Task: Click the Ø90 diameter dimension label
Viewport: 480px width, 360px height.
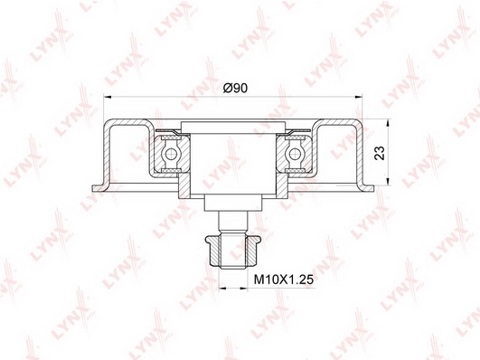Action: (x=235, y=89)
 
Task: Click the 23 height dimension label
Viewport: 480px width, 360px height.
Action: (x=380, y=153)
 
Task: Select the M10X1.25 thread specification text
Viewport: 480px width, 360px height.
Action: (x=284, y=279)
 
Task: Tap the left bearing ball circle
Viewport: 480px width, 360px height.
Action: (x=171, y=154)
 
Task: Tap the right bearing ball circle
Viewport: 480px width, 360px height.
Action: (x=295, y=154)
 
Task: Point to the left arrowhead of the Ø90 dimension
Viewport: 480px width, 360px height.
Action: (x=108, y=97)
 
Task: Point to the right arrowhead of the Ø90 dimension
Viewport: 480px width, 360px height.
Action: (x=359, y=97)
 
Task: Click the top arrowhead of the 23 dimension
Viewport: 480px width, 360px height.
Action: (x=388, y=122)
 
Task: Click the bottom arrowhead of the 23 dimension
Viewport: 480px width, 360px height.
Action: (x=388, y=182)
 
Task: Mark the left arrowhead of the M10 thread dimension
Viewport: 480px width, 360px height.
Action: (x=222, y=288)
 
